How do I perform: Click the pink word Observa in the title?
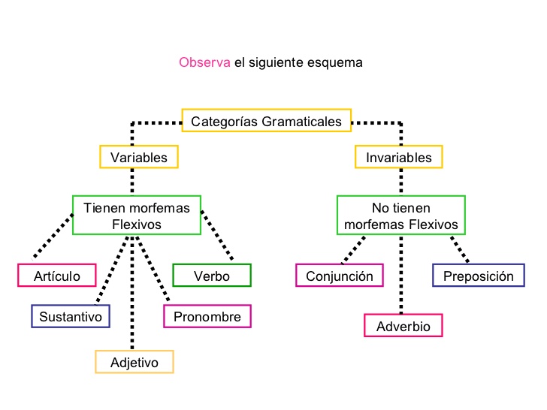tap(204, 62)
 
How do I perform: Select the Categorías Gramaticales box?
tap(266, 121)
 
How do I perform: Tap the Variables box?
tap(139, 157)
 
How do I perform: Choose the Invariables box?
tap(399, 157)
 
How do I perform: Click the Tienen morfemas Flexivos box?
tap(136, 216)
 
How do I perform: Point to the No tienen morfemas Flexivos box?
tap(400, 216)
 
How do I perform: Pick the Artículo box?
tap(57, 276)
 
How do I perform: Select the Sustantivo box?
tap(71, 316)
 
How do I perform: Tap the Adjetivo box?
tap(134, 362)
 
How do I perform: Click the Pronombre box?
tap(207, 316)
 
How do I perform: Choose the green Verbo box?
tap(212, 276)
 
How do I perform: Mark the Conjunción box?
tap(340, 276)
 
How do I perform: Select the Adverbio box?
tap(403, 326)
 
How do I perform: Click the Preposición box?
tap(478, 276)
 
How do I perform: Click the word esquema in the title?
tap(335, 62)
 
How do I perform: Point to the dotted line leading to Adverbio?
tap(400, 274)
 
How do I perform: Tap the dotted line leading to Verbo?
tap(217, 237)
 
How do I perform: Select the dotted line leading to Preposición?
tap(460, 249)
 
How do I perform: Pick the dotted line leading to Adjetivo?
tap(134, 293)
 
